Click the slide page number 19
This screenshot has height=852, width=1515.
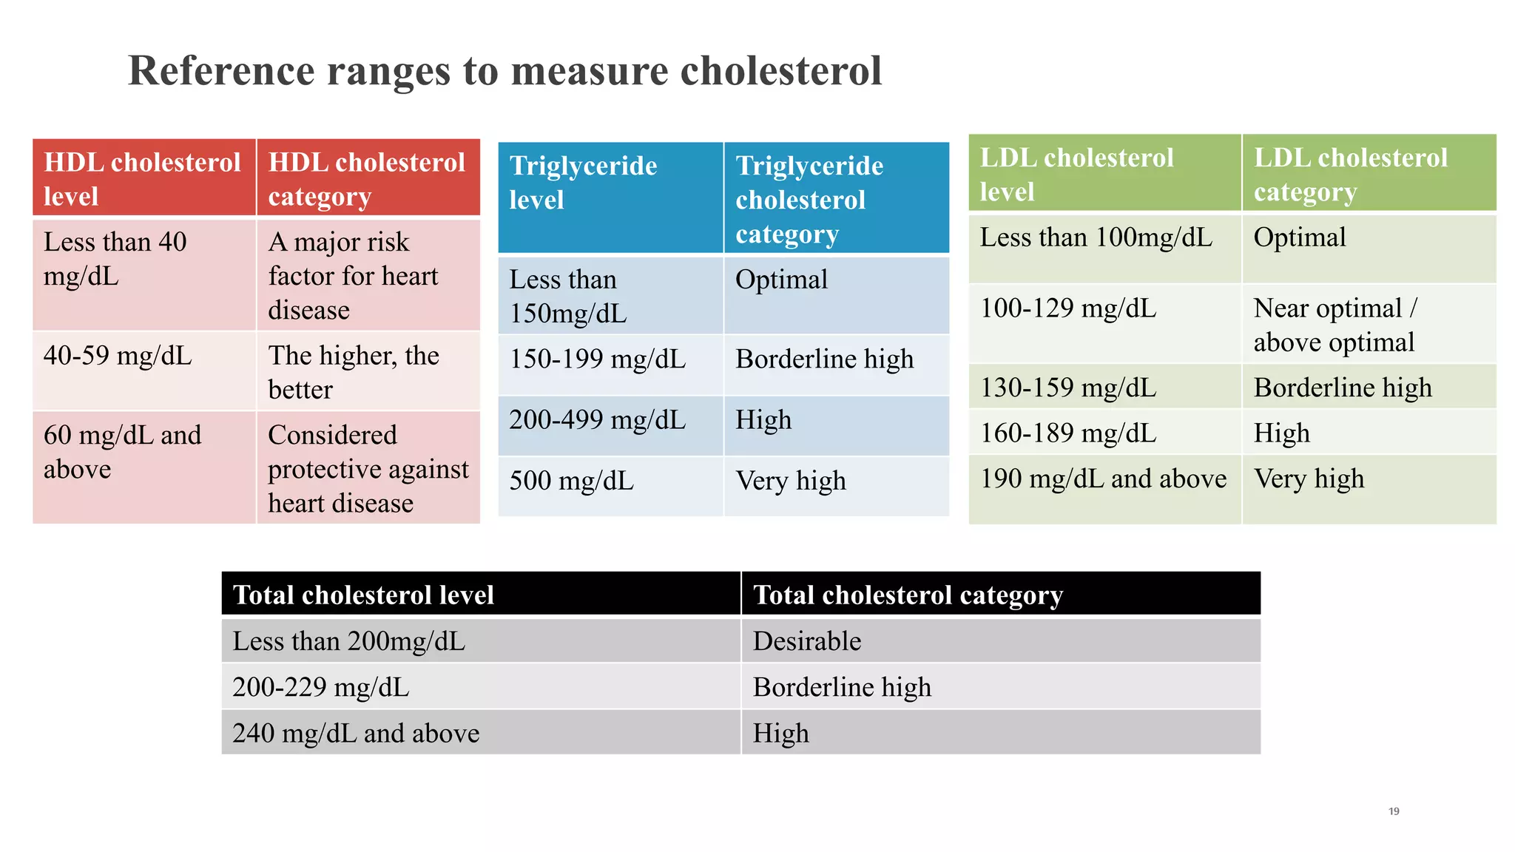pyautogui.click(x=1394, y=811)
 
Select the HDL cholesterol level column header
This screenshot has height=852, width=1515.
pyautogui.click(x=143, y=178)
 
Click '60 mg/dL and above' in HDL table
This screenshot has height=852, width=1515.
pyautogui.click(x=122, y=452)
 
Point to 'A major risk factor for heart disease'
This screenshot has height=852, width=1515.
pyautogui.click(x=353, y=276)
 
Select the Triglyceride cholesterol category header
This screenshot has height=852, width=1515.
pyautogui.click(x=809, y=199)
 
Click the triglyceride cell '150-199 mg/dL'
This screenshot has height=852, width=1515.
pyautogui.click(x=597, y=359)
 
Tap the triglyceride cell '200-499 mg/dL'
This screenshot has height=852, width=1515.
pyautogui.click(x=597, y=420)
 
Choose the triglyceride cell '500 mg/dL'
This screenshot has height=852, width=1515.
pyautogui.click(x=571, y=481)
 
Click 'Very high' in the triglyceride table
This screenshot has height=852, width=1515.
pyautogui.click(x=790, y=481)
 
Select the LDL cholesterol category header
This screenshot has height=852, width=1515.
pyautogui.click(x=1350, y=175)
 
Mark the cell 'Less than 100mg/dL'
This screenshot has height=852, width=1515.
pyautogui.click(x=1096, y=238)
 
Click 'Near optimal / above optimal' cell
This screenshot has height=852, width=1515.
pyautogui.click(x=1335, y=325)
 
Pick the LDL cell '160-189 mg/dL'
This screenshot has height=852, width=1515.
pyautogui.click(x=1067, y=433)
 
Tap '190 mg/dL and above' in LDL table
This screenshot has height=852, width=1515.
pyautogui.click(x=1102, y=479)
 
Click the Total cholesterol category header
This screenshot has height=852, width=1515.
pyautogui.click(x=908, y=595)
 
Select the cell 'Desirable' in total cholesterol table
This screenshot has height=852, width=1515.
pyautogui.click(x=807, y=641)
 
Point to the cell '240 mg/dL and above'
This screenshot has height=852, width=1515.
pyautogui.click(x=356, y=734)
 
